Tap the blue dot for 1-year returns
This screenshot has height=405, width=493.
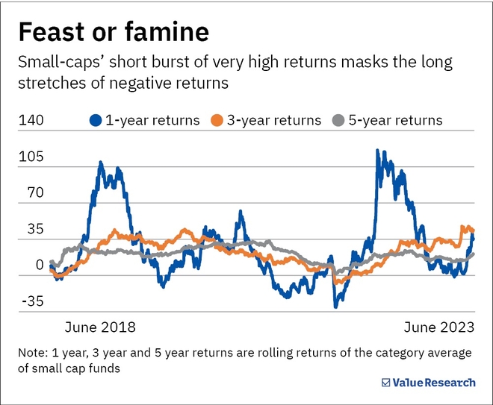(x=96, y=120)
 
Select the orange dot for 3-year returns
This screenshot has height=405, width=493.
(x=217, y=120)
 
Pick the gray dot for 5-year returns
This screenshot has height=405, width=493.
(x=338, y=120)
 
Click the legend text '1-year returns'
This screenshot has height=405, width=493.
(x=152, y=120)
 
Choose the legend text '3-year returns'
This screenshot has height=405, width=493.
(x=273, y=120)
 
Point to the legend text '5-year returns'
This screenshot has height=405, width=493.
(x=395, y=120)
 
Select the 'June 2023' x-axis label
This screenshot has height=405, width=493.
(x=438, y=327)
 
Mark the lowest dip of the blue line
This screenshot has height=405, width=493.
(x=336, y=306)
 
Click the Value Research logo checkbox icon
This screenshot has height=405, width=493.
(x=385, y=383)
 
